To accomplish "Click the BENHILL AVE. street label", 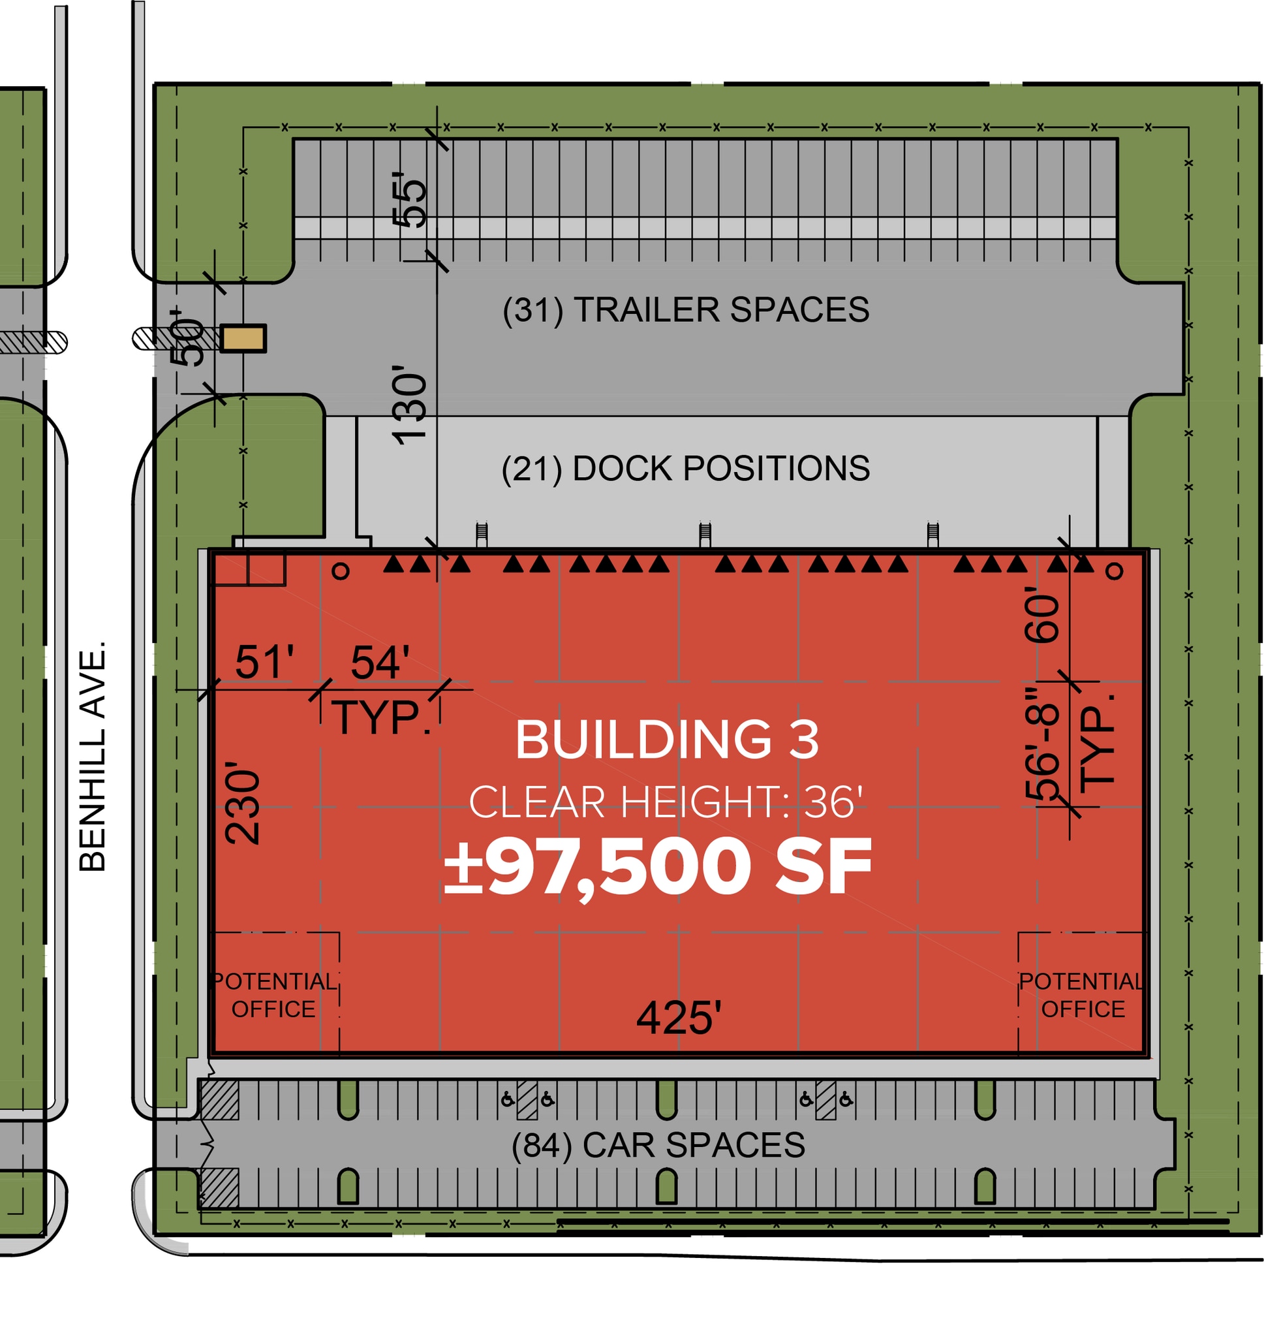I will [x=92, y=757].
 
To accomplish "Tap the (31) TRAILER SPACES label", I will [x=686, y=310].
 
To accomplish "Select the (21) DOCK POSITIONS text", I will [x=686, y=468].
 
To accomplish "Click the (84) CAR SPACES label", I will [x=658, y=1145].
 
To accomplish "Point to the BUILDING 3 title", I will [x=667, y=739].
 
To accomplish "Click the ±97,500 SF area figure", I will [x=658, y=868].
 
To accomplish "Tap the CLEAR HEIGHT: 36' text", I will [x=666, y=802].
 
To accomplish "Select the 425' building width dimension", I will [x=679, y=1017].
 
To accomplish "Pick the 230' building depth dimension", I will [x=243, y=803].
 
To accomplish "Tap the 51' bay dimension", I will [x=264, y=662].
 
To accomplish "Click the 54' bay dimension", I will [x=380, y=662].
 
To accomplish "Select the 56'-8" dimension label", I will [x=1041, y=744].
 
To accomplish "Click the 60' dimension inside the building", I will [x=1041, y=614].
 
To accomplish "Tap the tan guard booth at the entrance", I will [x=243, y=338].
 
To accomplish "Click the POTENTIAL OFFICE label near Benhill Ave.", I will [x=273, y=995].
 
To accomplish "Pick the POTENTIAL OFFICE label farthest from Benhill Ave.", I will [x=1082, y=995].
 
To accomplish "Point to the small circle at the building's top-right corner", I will [x=1115, y=571].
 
